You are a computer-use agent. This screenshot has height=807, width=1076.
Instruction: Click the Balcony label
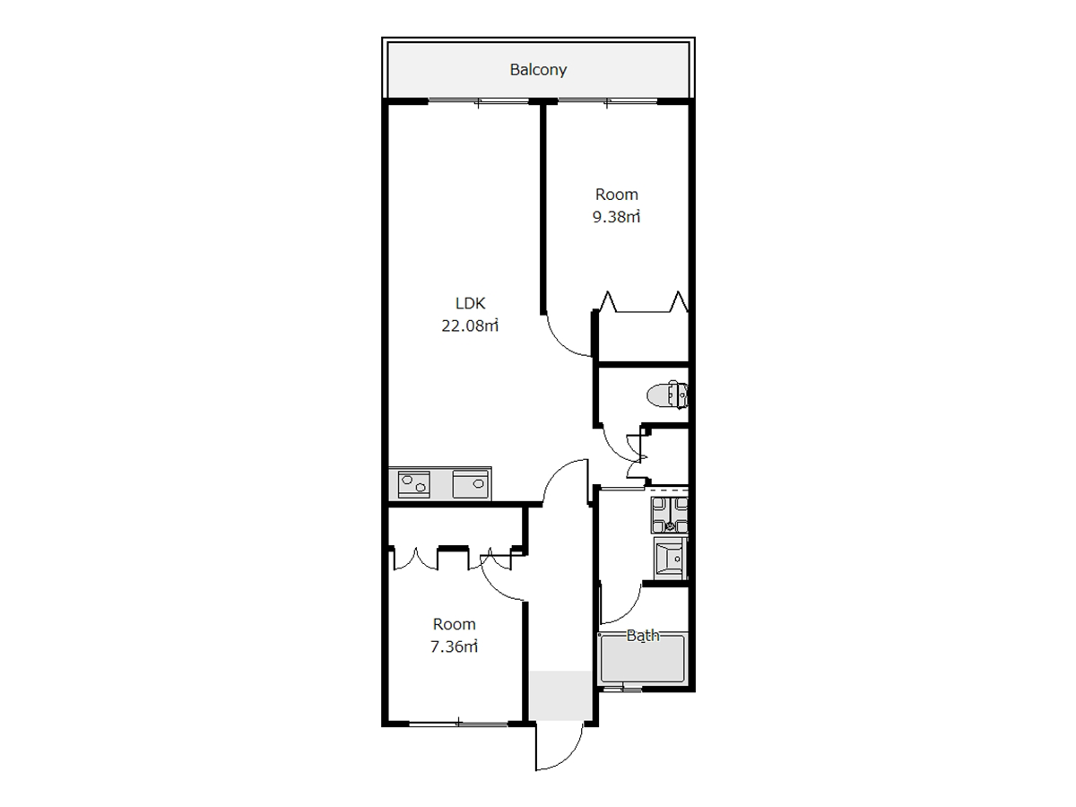tap(538, 70)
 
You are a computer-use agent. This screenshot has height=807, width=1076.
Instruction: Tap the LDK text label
tap(470, 303)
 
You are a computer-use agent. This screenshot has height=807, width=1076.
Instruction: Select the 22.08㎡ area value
tap(470, 325)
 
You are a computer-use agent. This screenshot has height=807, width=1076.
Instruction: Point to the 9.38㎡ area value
tap(616, 217)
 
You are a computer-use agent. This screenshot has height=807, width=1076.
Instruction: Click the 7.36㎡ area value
tap(454, 646)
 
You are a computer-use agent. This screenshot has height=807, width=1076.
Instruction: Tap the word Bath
tap(643, 636)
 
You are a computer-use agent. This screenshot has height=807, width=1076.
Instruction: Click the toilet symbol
tap(667, 394)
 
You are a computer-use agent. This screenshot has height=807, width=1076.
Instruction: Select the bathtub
tap(643, 658)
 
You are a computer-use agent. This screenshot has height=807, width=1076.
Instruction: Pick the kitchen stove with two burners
tap(413, 484)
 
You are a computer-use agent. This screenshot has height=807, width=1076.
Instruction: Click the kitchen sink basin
tap(471, 484)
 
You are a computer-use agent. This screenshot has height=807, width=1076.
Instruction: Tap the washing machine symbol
tap(669, 515)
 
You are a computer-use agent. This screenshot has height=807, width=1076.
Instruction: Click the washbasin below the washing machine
tap(670, 559)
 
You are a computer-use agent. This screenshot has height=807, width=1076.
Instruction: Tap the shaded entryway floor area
tap(560, 695)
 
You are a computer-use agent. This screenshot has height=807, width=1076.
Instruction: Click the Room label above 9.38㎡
tap(616, 195)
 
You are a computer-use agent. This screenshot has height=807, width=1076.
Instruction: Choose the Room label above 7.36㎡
tap(454, 624)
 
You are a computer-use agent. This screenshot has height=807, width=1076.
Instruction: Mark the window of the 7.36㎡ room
tap(458, 723)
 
